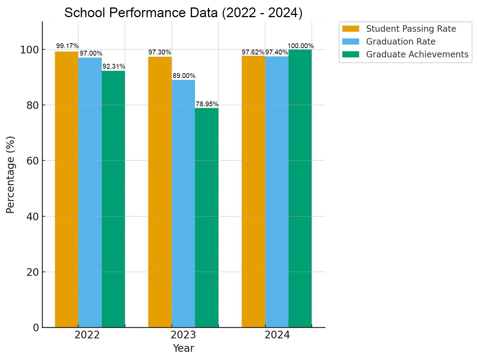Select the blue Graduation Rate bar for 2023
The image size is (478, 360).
(x=183, y=204)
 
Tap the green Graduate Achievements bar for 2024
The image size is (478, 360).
(x=300, y=188)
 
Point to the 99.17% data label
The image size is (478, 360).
(x=68, y=46)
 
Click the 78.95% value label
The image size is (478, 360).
(x=207, y=104)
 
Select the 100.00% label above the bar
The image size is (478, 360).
(x=301, y=46)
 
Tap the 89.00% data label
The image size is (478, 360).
(x=184, y=76)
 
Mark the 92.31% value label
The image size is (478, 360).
(x=114, y=66)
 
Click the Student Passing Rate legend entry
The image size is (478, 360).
(x=411, y=29)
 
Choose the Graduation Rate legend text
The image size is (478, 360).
(x=400, y=41)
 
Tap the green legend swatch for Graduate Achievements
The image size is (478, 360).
(x=351, y=54)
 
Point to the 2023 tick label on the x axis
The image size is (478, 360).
(x=183, y=335)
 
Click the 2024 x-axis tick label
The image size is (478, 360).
(x=277, y=335)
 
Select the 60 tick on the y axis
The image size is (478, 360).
(x=33, y=161)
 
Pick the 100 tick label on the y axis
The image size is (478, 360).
(x=30, y=50)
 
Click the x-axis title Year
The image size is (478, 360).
(x=183, y=348)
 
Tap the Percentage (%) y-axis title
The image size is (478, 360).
(x=10, y=175)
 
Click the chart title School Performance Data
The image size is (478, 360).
(x=183, y=13)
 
